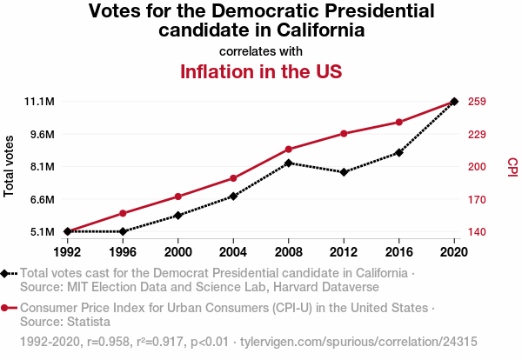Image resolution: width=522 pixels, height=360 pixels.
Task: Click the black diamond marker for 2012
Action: (x=344, y=172)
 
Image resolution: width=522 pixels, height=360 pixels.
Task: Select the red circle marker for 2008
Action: (x=289, y=150)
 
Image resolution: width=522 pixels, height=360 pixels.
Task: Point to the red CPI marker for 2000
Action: (x=178, y=197)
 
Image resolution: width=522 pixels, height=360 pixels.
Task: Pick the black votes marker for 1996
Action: (x=123, y=231)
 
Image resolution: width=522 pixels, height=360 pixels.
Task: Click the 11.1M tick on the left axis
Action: (x=40, y=102)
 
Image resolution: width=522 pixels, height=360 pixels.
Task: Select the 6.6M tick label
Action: (x=40, y=199)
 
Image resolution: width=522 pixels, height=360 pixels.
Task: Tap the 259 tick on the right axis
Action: (x=477, y=102)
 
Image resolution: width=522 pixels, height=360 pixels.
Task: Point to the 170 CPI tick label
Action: (x=477, y=199)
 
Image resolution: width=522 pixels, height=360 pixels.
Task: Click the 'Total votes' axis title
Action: (x=10, y=166)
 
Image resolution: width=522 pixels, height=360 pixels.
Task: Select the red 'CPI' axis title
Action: (x=512, y=166)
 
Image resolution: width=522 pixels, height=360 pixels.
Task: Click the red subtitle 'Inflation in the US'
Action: (x=260, y=71)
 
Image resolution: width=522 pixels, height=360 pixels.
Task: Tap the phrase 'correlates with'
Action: (x=260, y=51)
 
